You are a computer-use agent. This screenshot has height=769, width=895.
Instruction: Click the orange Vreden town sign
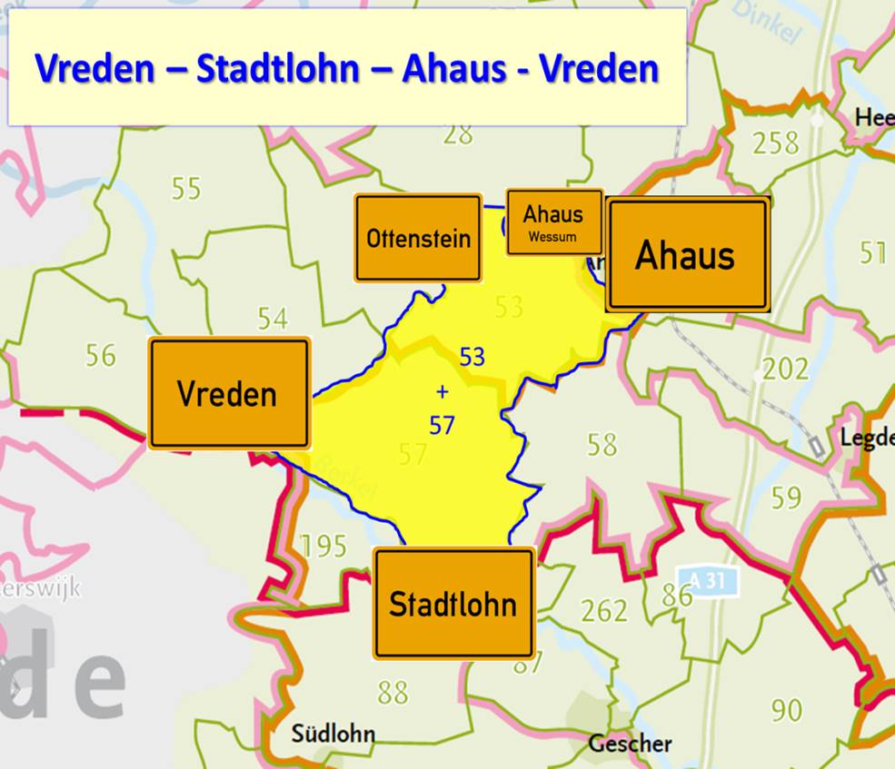click(x=229, y=394)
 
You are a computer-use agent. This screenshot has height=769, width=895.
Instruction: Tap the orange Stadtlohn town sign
click(x=452, y=603)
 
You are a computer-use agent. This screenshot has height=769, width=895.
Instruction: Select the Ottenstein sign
click(x=418, y=238)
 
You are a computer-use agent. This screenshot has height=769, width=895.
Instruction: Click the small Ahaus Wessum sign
click(x=553, y=222)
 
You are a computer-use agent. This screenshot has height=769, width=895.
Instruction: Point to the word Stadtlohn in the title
click(x=278, y=68)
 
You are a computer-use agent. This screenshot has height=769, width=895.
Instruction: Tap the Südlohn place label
click(x=333, y=733)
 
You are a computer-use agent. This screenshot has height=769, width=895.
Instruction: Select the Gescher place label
click(x=630, y=744)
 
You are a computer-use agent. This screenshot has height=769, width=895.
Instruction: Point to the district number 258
click(x=775, y=143)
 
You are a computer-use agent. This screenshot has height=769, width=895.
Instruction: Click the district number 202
click(x=785, y=369)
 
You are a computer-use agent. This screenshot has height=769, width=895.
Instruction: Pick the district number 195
click(x=323, y=546)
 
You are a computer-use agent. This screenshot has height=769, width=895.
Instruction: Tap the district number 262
click(x=604, y=610)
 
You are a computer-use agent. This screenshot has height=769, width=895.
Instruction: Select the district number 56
click(x=101, y=355)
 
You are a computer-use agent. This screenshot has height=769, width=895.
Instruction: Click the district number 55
click(x=185, y=189)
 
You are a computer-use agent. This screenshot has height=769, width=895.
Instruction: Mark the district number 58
click(x=602, y=445)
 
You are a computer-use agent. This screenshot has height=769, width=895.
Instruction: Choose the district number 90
click(x=786, y=709)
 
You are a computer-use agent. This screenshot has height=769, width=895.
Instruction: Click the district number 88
click(x=393, y=693)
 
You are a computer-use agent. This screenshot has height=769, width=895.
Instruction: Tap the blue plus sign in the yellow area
click(x=443, y=392)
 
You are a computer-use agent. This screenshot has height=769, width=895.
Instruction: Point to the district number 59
click(x=786, y=498)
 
